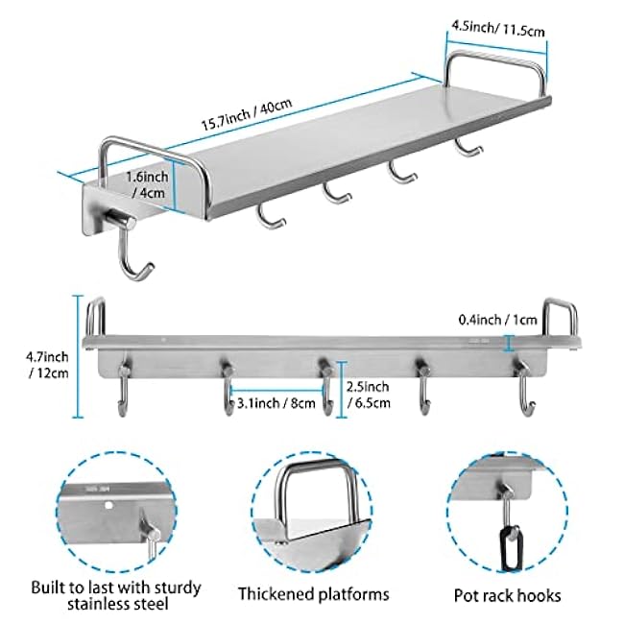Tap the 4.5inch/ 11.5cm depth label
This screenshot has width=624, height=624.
[496, 30]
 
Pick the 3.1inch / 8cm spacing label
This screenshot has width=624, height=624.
[276, 403]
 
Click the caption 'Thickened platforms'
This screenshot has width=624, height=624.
[313, 594]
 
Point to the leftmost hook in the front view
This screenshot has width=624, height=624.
[123, 388]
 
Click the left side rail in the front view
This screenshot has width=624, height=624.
[94, 316]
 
